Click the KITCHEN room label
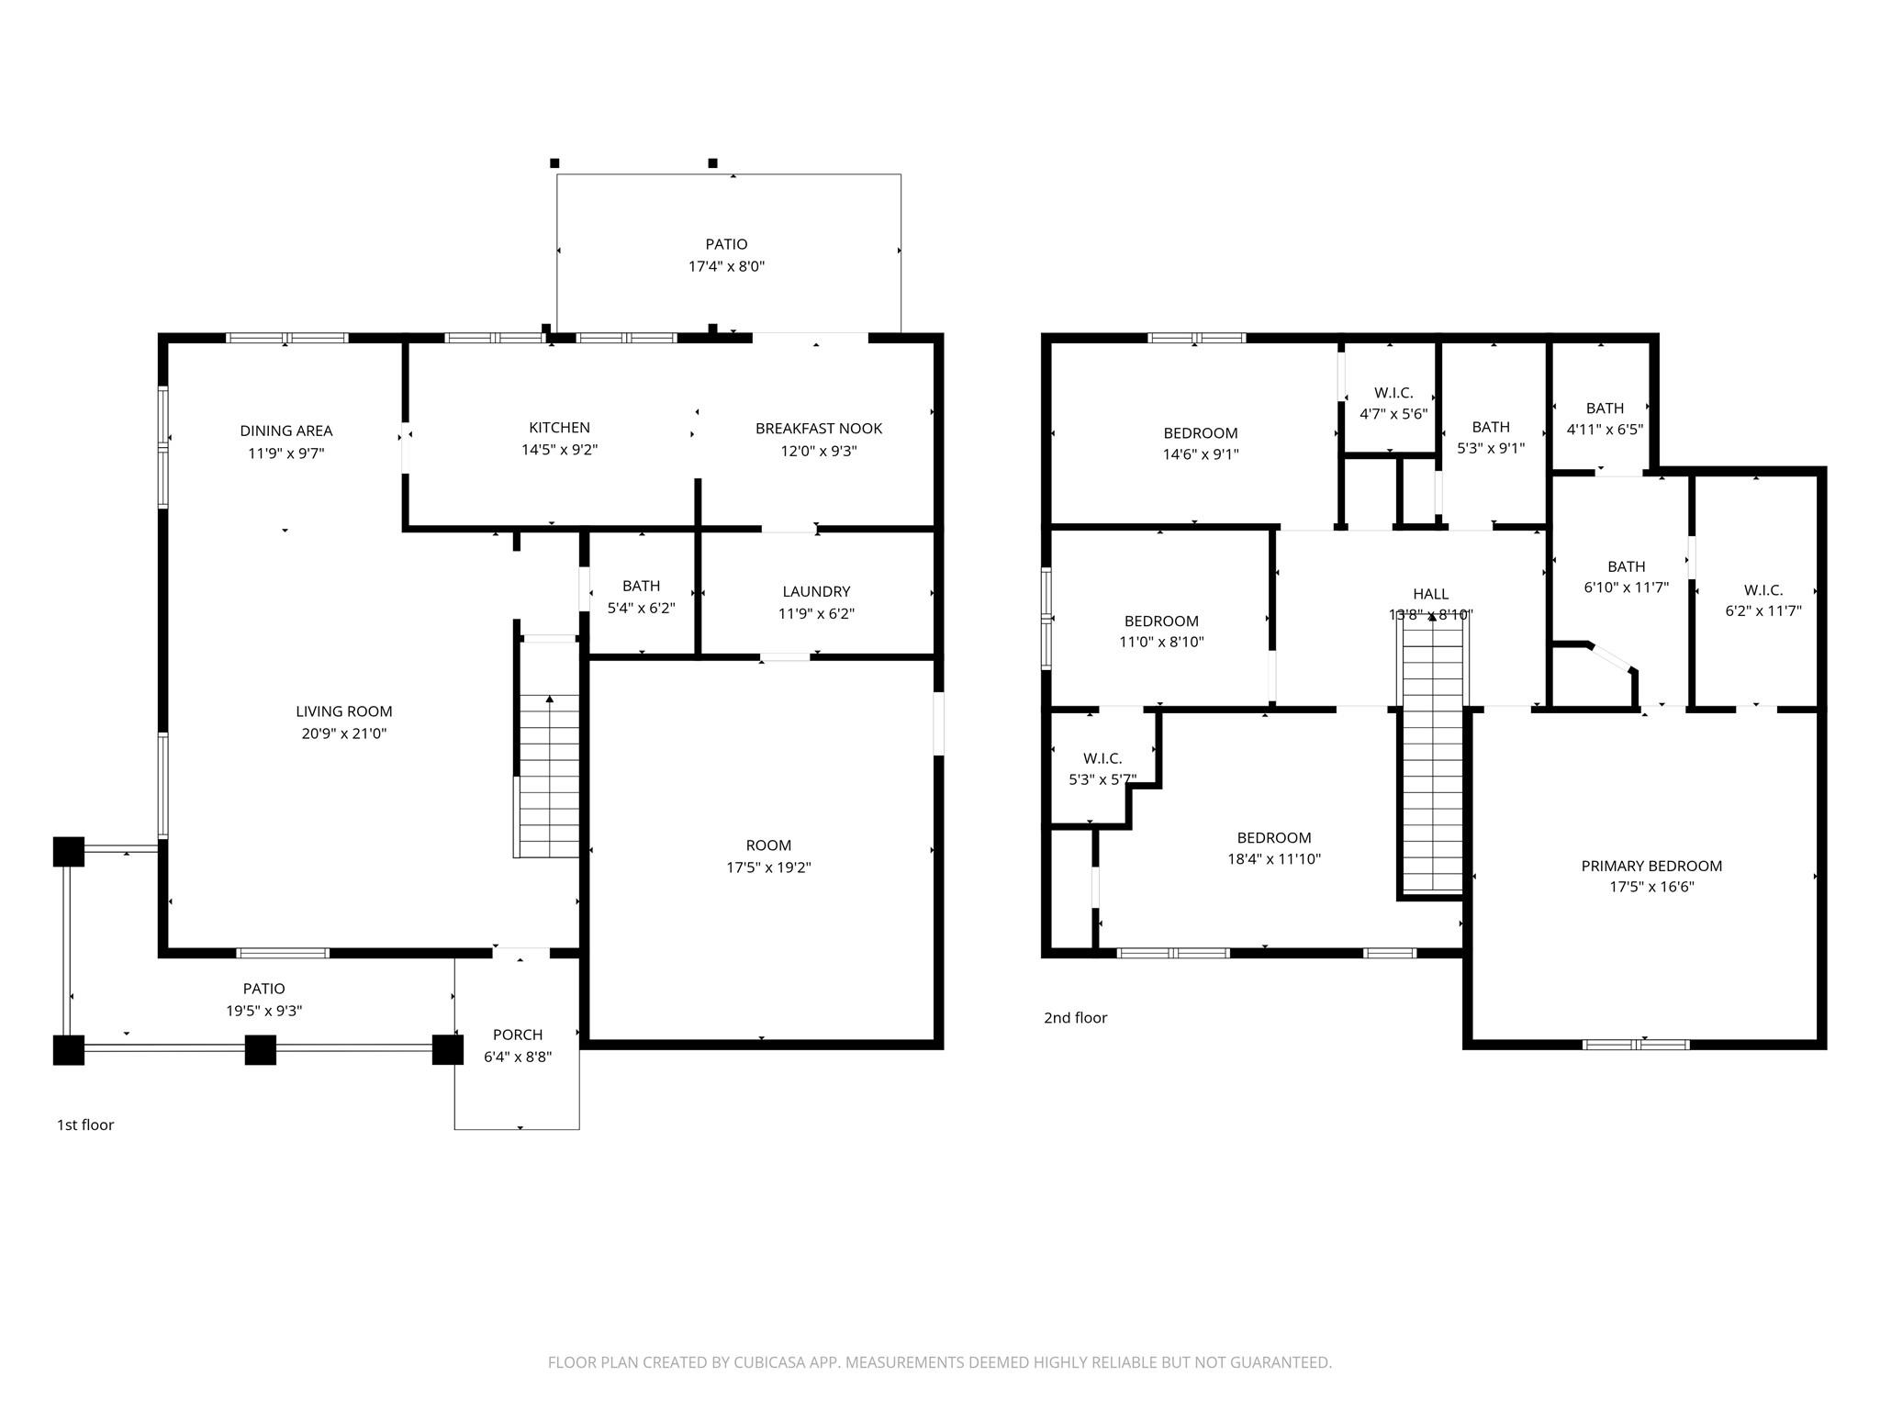point(559,428)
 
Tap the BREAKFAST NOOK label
point(819,429)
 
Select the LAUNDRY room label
point(816,592)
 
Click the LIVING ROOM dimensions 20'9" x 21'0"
point(344,733)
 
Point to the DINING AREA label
point(286,431)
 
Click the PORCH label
point(518,1035)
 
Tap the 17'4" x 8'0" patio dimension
point(727,266)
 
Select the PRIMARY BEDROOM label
point(1651,866)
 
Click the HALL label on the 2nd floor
point(1430,594)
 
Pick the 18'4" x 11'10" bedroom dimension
point(1274,859)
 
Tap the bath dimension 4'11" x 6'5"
point(1605,430)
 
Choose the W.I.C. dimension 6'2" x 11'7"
point(1763,610)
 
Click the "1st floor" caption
point(85,1125)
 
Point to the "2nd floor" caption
point(1076,1017)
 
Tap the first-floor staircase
point(549,776)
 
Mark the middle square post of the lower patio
point(261,1050)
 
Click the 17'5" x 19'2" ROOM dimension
point(768,867)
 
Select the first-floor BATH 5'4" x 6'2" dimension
point(641,608)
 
